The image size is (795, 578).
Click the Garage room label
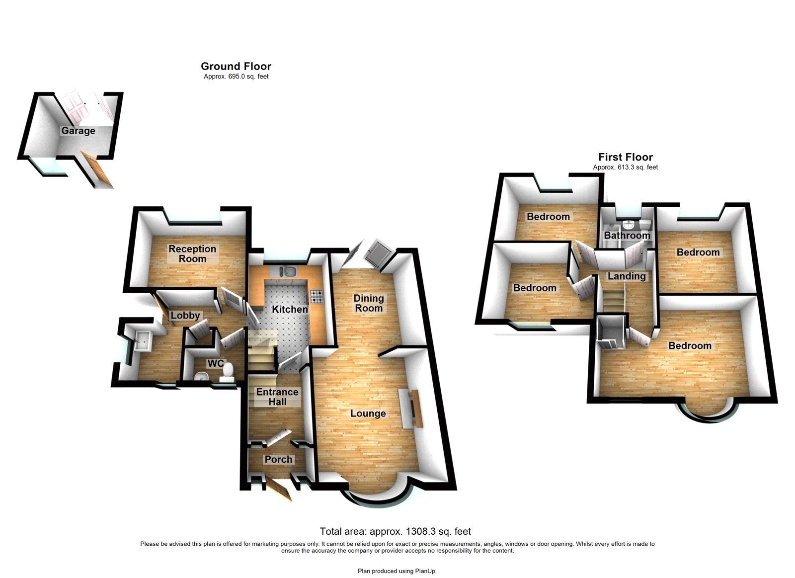(x=78, y=131)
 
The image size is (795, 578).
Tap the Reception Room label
(x=192, y=253)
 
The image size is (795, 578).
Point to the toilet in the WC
(x=228, y=372)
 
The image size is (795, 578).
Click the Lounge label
(x=368, y=413)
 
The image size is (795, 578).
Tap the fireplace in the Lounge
(x=412, y=409)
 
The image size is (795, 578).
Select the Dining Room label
(x=369, y=303)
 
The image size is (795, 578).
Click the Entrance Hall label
(x=277, y=397)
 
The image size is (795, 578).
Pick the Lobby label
(x=185, y=316)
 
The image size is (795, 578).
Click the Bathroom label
(x=627, y=236)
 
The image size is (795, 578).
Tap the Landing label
(x=627, y=276)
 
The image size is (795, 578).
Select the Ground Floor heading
(x=236, y=66)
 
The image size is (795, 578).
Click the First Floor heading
(x=625, y=157)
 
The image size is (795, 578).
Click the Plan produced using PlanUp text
(x=397, y=571)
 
